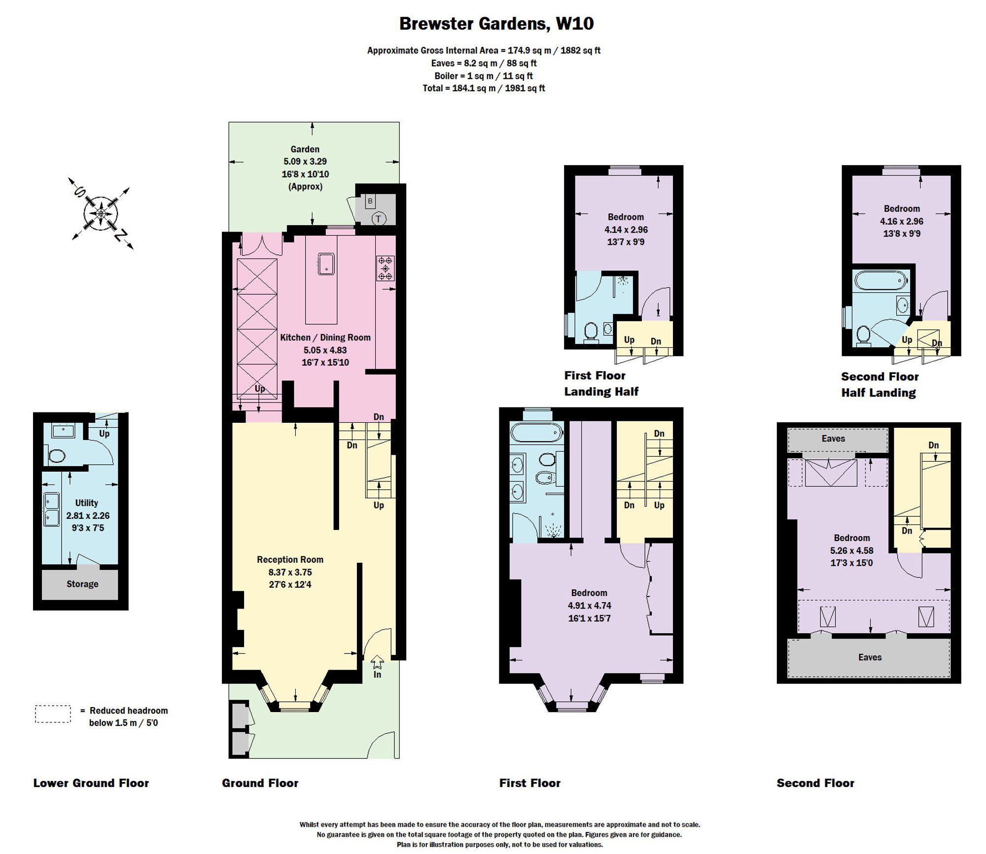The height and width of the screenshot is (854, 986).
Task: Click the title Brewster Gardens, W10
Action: pos(496,24)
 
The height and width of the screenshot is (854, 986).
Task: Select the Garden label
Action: pos(305,149)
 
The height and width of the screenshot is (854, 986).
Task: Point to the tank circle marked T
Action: pos(379,219)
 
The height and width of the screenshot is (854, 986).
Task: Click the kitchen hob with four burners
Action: pos(386,268)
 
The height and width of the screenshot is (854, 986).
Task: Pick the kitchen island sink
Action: pos(326,264)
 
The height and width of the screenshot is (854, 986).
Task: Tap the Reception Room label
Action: pos(290,560)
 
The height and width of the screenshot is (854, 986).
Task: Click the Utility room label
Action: pos(86,503)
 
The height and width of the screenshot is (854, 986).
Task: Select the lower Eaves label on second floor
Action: pos(870,657)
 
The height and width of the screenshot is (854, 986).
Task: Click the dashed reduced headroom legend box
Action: pos(53,714)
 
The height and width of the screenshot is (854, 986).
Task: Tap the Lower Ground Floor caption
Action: pos(91,783)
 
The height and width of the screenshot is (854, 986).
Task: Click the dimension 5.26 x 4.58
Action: pos(851,550)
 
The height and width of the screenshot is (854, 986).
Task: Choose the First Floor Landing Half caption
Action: pos(601,383)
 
